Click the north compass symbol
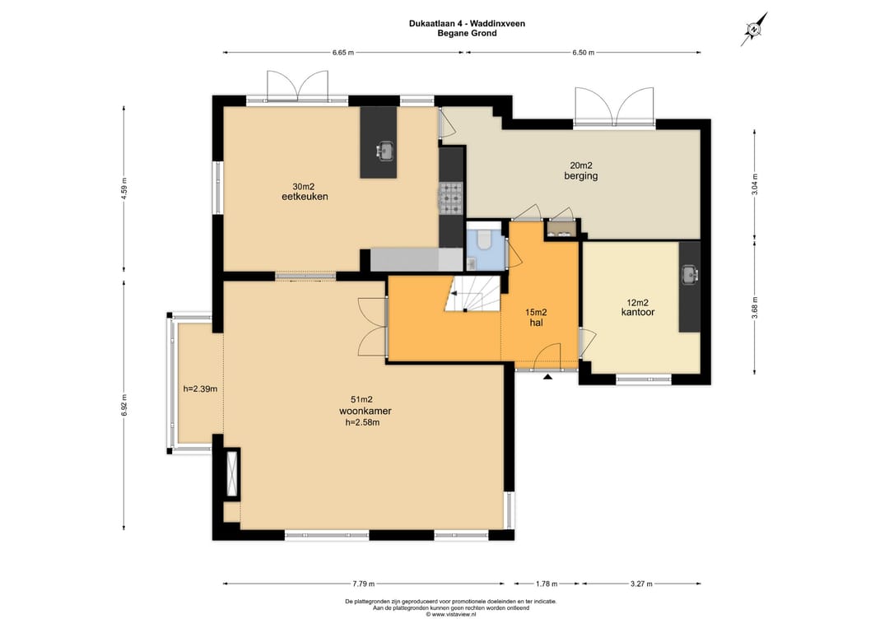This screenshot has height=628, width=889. [x=754, y=29]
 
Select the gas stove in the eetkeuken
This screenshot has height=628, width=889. [x=451, y=199]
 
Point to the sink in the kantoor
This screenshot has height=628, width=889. [x=690, y=274]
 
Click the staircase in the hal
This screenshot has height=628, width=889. [x=472, y=294]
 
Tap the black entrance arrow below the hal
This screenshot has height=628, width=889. [x=547, y=376]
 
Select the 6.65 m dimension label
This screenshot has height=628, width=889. [x=343, y=53]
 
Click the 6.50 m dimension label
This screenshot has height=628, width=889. [x=584, y=53]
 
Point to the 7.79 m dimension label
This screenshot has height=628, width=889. [x=364, y=584]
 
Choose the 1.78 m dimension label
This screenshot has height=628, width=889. [x=547, y=584]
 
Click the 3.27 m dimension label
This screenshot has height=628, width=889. [x=641, y=584]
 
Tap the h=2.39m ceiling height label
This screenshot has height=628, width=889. [x=200, y=388]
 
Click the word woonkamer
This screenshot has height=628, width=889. [x=365, y=411]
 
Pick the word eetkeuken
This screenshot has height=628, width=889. [x=305, y=197]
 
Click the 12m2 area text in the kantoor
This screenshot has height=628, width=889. [x=637, y=302]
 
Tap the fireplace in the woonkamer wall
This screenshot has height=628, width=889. [x=232, y=472]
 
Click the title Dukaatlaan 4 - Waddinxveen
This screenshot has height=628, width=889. [x=467, y=24]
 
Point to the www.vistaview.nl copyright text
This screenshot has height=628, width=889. [x=451, y=614]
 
